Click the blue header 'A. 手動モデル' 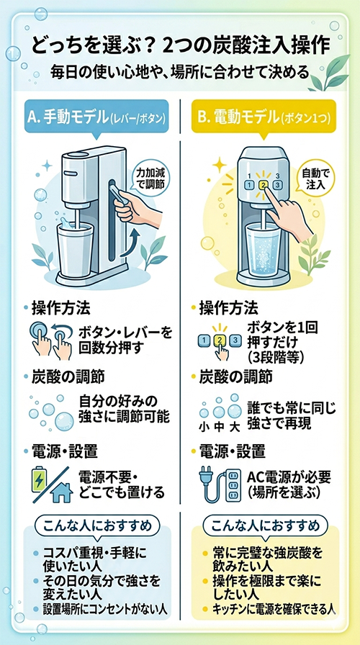click(x=96, y=119)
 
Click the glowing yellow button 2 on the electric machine click(x=264, y=185)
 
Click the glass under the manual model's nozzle click(x=73, y=250)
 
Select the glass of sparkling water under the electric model click(x=263, y=248)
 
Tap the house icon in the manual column click(x=61, y=492)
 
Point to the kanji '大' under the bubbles click(x=234, y=428)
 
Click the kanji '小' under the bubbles click(x=204, y=428)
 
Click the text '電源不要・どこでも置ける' click(x=122, y=484)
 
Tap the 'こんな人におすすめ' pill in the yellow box click(x=266, y=526)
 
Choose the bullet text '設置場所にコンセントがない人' click(x=105, y=609)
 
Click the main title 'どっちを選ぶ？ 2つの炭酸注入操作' click(x=180, y=46)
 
